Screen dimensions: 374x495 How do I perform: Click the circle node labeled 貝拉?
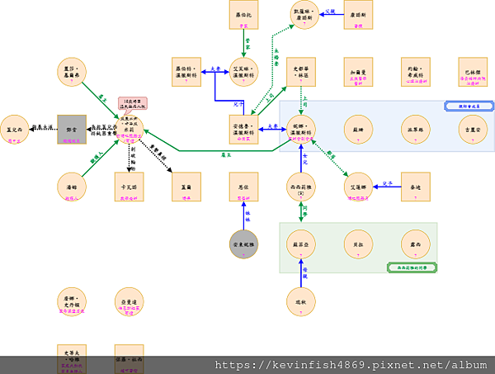click(x=358, y=244)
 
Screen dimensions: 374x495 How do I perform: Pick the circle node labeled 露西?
click(x=416, y=244)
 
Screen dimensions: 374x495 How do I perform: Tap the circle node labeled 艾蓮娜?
click(x=358, y=187)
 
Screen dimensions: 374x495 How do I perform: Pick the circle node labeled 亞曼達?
click(x=129, y=302)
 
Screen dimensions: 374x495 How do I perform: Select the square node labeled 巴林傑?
click(x=474, y=72)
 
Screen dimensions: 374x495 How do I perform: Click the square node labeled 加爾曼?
click(x=358, y=72)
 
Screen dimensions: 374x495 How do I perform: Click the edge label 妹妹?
click(x=247, y=219)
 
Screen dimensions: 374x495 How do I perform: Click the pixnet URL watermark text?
click(x=350, y=364)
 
